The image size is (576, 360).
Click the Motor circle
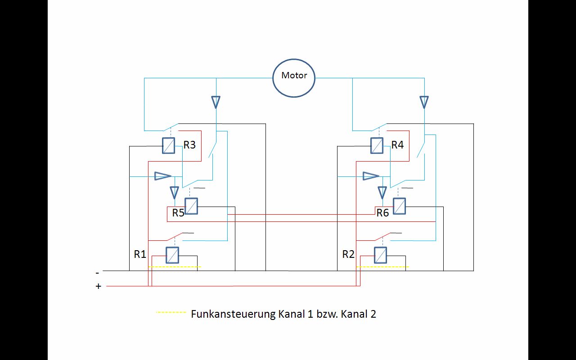coord(294,77)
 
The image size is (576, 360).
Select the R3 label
coord(189,145)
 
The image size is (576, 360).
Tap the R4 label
coord(397,145)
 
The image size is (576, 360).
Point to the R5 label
coord(178,213)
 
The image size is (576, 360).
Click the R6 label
coord(382,213)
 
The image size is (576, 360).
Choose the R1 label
coord(140,254)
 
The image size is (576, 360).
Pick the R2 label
coord(348,254)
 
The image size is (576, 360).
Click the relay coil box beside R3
coord(168,145)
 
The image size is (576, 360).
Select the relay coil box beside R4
coord(377,145)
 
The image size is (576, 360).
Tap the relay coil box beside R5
coord(191,206)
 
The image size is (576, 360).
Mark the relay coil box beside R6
coord(399,206)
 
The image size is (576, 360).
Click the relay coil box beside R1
coord(172,255)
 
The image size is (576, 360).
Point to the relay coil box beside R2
coord(380,255)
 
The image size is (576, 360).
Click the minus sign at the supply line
coord(97,273)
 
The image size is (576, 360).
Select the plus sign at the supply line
coord(99,286)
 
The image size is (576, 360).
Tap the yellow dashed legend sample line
coord(171,312)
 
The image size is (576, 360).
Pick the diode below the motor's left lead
coord(216,102)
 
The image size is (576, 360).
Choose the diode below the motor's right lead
coord(424,102)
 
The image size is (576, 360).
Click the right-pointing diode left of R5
coord(162,175)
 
